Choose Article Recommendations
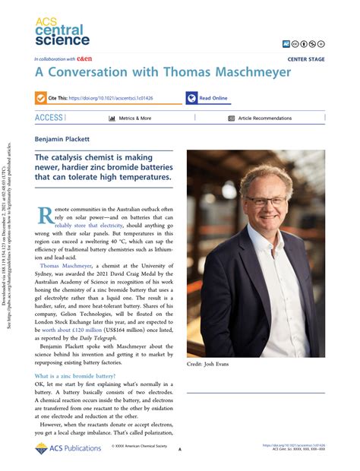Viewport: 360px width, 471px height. [264, 119]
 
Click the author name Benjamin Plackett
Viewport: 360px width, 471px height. [62, 140]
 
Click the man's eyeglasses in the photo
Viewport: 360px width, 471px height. [267, 201]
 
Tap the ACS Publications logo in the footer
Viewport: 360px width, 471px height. [67, 450]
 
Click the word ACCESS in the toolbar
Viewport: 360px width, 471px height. [49, 118]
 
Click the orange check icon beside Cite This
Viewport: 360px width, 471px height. [40, 98]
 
